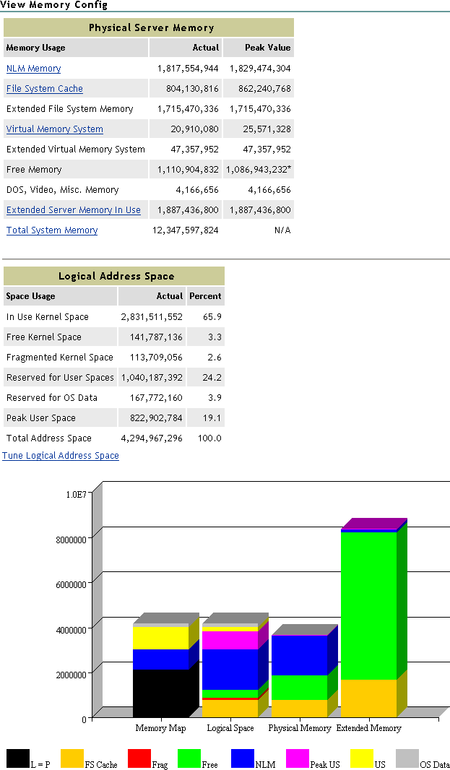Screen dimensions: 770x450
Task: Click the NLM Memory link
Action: coord(33,69)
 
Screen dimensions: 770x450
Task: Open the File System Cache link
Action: coord(44,89)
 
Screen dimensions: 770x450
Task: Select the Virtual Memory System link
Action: coord(54,129)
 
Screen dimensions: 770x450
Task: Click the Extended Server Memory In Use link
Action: coord(73,210)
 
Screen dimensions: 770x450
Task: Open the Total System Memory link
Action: coord(51,230)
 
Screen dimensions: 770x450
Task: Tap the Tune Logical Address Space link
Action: coord(61,456)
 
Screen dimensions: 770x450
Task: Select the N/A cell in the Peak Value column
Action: coord(282,230)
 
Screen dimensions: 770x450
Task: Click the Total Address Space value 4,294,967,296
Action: coord(152,438)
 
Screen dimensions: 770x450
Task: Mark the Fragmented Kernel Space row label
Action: coord(59,358)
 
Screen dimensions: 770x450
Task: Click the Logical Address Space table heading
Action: coord(116,276)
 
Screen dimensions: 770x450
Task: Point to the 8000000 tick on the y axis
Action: coord(72,539)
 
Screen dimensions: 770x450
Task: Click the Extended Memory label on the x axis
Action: coord(368,728)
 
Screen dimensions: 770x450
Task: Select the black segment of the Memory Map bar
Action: coord(160,693)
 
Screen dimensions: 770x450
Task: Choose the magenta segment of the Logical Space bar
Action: coord(230,640)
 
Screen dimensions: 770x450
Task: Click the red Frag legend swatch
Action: coord(139,758)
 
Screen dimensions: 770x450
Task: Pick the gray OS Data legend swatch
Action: coord(407,758)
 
